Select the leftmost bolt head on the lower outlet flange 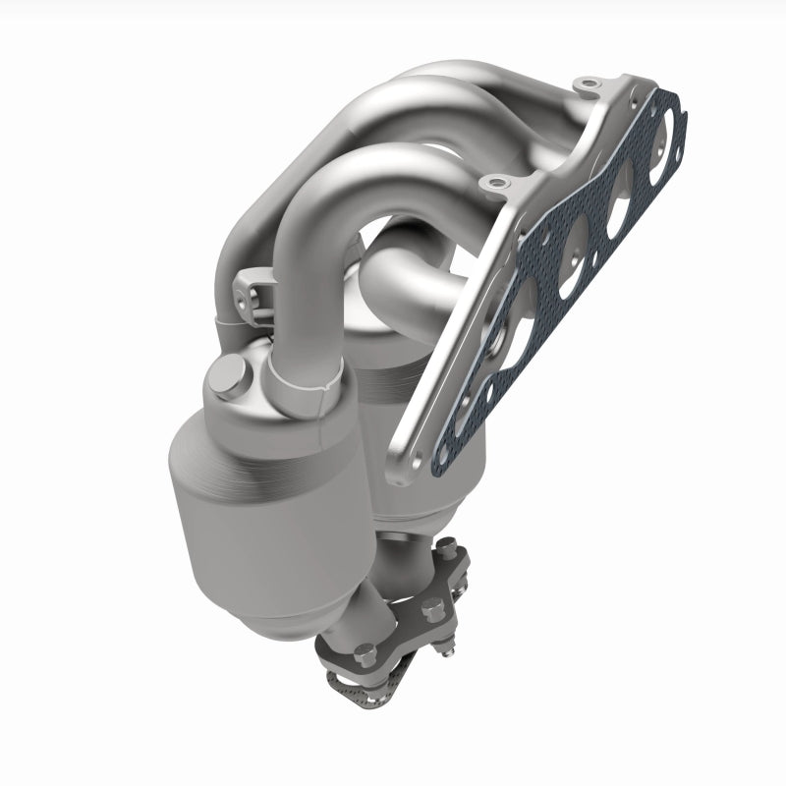coord(365,651)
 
